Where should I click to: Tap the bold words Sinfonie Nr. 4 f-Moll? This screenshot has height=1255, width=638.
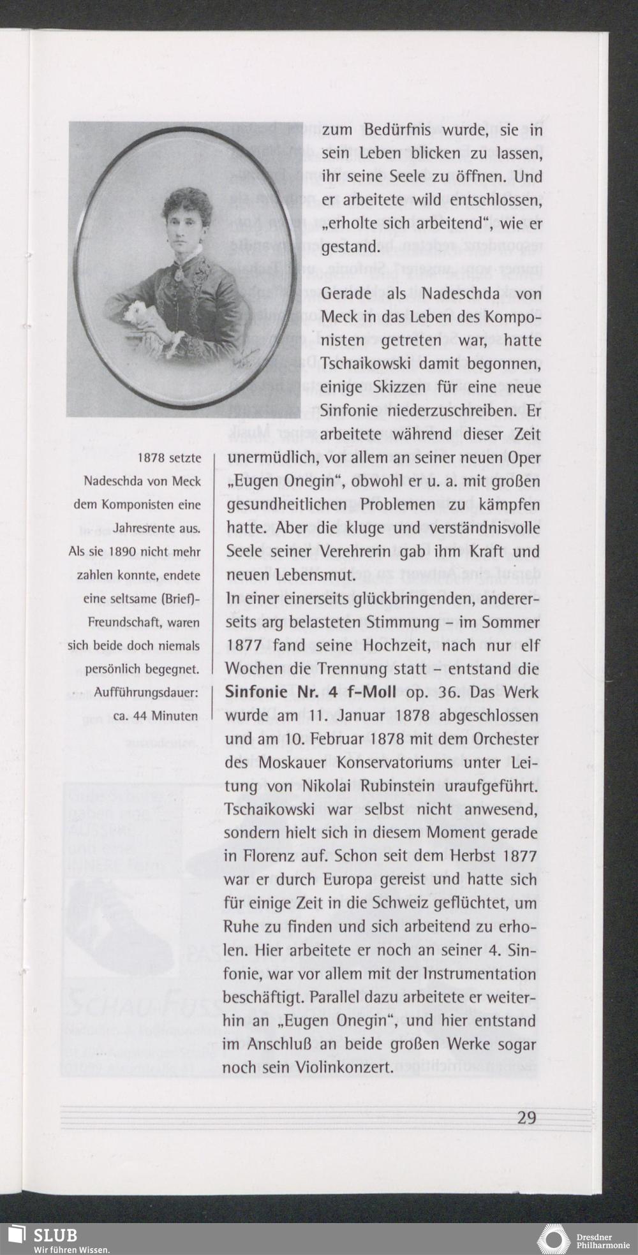[311, 693]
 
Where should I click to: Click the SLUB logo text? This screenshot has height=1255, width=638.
[55, 1235]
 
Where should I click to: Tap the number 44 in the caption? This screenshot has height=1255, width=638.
[140, 716]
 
